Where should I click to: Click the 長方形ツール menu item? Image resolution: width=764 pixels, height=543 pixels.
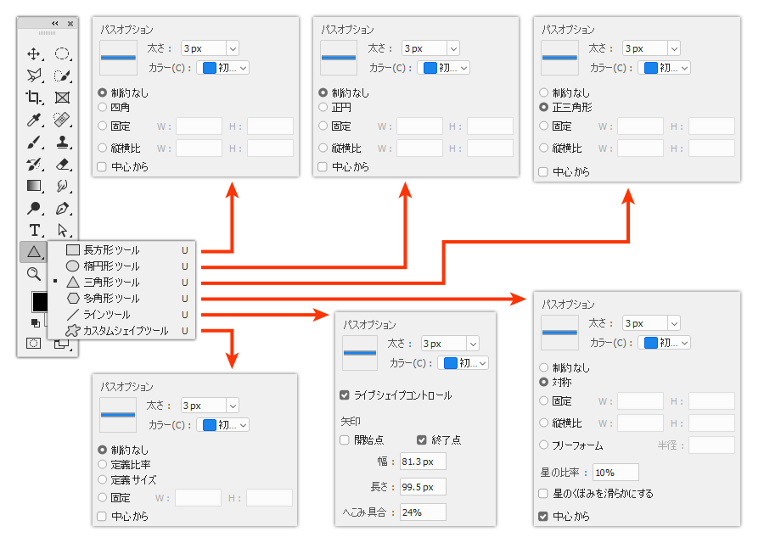(x=111, y=250)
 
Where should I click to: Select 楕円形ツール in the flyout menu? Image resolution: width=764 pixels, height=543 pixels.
(x=111, y=266)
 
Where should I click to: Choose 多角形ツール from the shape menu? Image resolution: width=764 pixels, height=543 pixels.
(x=111, y=299)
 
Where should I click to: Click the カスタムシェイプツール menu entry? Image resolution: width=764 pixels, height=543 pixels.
(x=124, y=331)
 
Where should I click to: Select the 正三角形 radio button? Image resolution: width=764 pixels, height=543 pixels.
(x=544, y=108)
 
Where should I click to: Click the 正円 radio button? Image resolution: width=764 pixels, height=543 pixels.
(x=323, y=108)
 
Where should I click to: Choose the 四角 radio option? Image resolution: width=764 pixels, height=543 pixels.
(x=103, y=108)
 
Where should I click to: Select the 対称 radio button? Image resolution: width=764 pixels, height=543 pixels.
(x=544, y=383)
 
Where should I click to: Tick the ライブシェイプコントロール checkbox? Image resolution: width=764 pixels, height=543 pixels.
(x=345, y=395)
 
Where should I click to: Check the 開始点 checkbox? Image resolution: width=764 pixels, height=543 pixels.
(x=345, y=440)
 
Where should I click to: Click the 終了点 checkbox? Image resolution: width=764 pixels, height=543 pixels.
(x=422, y=440)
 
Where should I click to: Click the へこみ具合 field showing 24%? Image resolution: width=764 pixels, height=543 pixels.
(x=422, y=512)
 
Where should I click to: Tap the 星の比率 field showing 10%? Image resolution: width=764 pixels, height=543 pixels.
(x=615, y=473)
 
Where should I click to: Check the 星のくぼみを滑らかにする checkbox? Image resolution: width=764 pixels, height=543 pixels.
(x=544, y=494)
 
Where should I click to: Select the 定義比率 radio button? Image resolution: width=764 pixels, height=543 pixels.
(x=103, y=465)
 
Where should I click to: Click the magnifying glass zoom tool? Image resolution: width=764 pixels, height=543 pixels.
(x=34, y=273)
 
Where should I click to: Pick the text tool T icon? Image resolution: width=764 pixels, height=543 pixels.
(x=35, y=230)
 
